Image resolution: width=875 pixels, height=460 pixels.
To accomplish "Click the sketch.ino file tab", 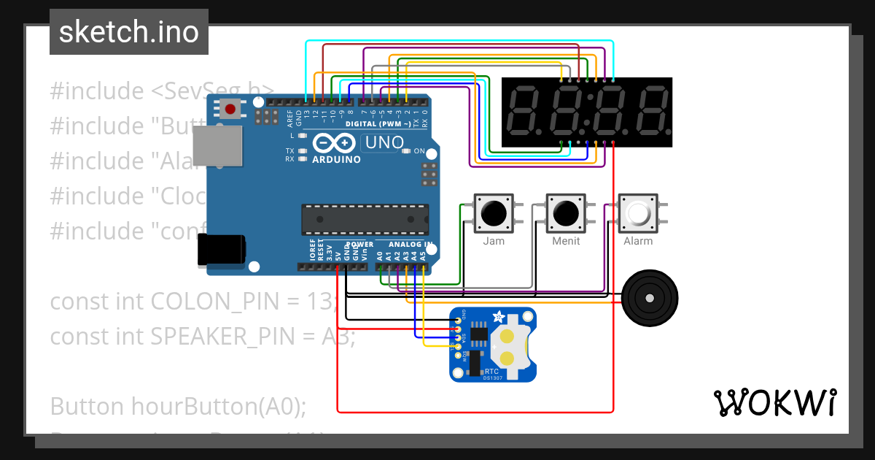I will (x=128, y=32).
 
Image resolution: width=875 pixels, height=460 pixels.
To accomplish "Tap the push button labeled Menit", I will (x=565, y=213).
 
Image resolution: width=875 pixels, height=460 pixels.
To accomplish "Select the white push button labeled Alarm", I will (x=638, y=213).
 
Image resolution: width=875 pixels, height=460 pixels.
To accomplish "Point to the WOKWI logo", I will (x=774, y=402).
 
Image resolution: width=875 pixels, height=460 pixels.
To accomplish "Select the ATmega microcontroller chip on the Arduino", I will (x=364, y=217).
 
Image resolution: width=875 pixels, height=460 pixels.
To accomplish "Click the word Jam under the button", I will (x=494, y=241).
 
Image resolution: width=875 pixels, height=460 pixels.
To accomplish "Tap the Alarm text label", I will (x=638, y=241).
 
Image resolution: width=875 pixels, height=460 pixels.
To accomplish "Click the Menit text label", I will (x=566, y=241).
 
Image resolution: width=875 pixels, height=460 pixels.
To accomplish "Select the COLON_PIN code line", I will (x=194, y=302).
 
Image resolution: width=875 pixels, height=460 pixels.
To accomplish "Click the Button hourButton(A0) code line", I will (x=178, y=406).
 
